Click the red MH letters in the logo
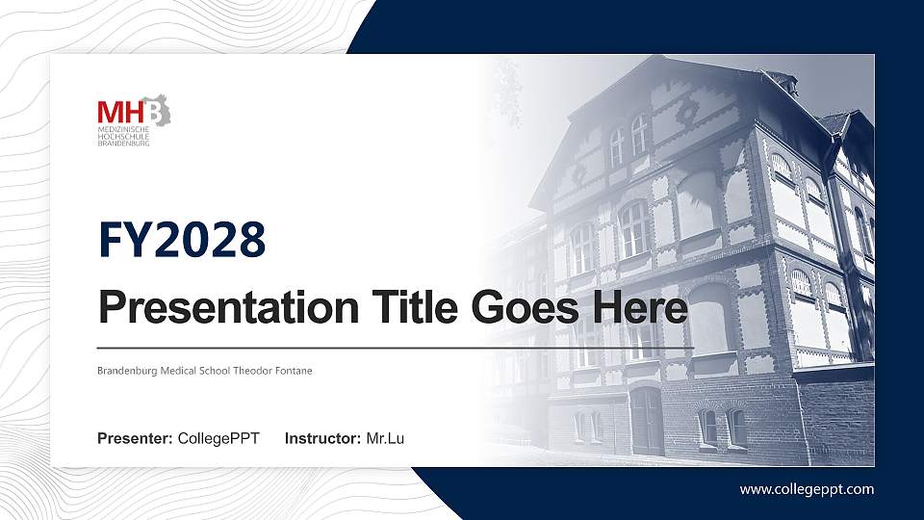tap(120, 112)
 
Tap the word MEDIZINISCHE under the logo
tap(124, 129)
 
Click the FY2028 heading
tap(182, 240)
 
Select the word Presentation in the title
tap(229, 307)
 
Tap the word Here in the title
tap(640, 307)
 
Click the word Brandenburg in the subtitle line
tap(127, 371)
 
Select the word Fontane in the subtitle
tap(294, 371)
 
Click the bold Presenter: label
tap(135, 439)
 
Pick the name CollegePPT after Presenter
tap(218, 439)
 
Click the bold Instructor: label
tap(323, 439)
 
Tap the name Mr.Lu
tap(385, 439)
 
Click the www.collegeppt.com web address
tap(807, 489)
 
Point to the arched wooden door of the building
tap(647, 421)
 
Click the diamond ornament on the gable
tap(686, 112)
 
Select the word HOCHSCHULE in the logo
tap(124, 136)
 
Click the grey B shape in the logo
tap(157, 111)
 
